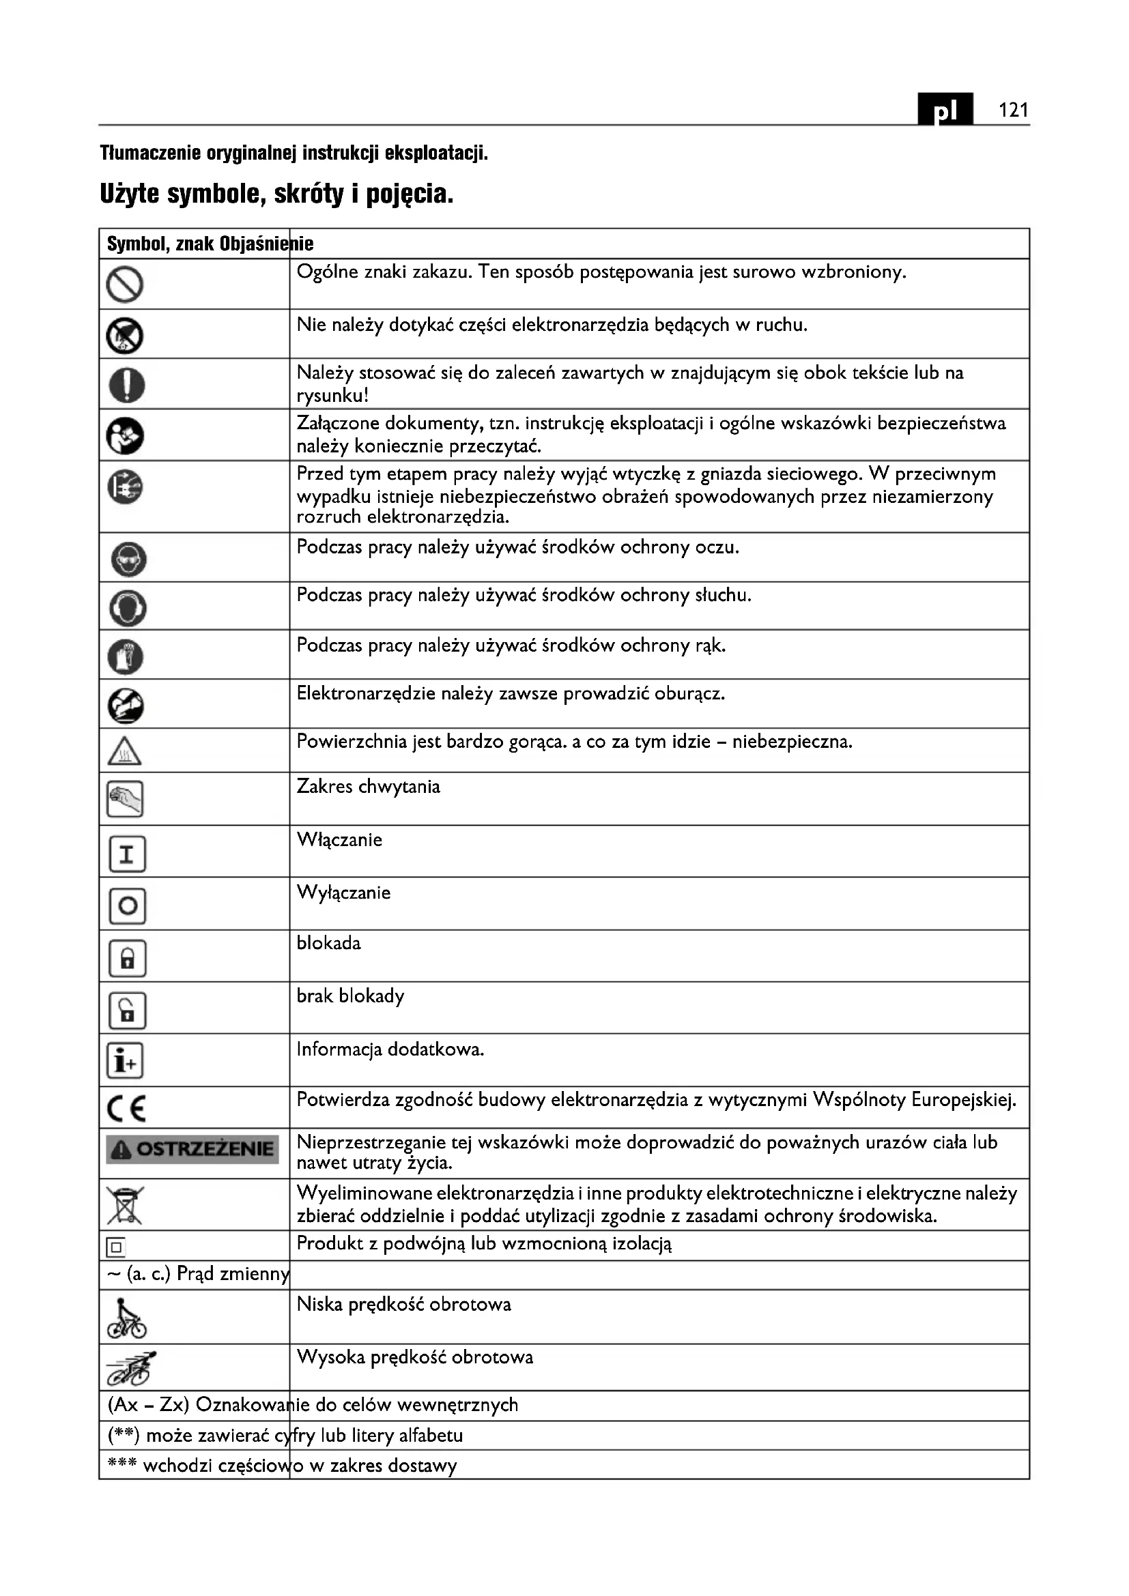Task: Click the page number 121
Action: click(1013, 110)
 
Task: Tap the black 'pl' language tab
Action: click(945, 110)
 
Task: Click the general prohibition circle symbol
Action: click(125, 285)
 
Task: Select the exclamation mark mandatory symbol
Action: click(126, 384)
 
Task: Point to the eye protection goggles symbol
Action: click(128, 559)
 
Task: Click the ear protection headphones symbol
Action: click(128, 608)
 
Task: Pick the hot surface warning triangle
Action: click(125, 751)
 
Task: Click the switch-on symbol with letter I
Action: click(127, 854)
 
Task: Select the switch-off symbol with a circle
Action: click(127, 905)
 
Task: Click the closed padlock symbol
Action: click(127, 959)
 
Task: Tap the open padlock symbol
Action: click(127, 1011)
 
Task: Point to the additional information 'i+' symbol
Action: click(125, 1062)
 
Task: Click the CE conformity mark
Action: click(126, 1109)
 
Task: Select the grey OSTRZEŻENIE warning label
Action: click(192, 1150)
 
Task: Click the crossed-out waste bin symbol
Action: click(125, 1204)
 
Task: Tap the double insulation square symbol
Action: click(116, 1248)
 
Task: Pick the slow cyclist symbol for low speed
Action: click(126, 1319)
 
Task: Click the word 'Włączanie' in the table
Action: click(339, 840)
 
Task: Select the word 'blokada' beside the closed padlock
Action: click(329, 943)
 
